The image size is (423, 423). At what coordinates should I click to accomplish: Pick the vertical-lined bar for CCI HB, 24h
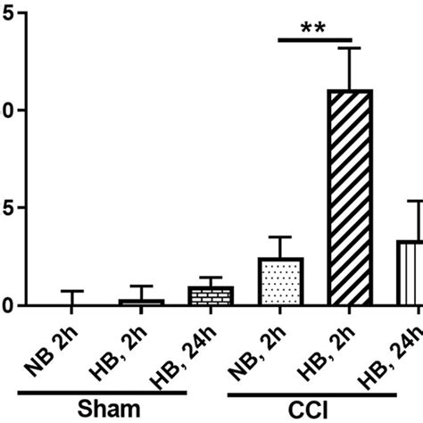point(409,273)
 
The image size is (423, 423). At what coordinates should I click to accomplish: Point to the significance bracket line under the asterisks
point(318,40)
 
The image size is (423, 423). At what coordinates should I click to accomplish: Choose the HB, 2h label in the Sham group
point(117,351)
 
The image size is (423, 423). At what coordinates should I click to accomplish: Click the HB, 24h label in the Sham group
point(178,353)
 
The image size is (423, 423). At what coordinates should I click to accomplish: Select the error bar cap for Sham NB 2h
point(67,291)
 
